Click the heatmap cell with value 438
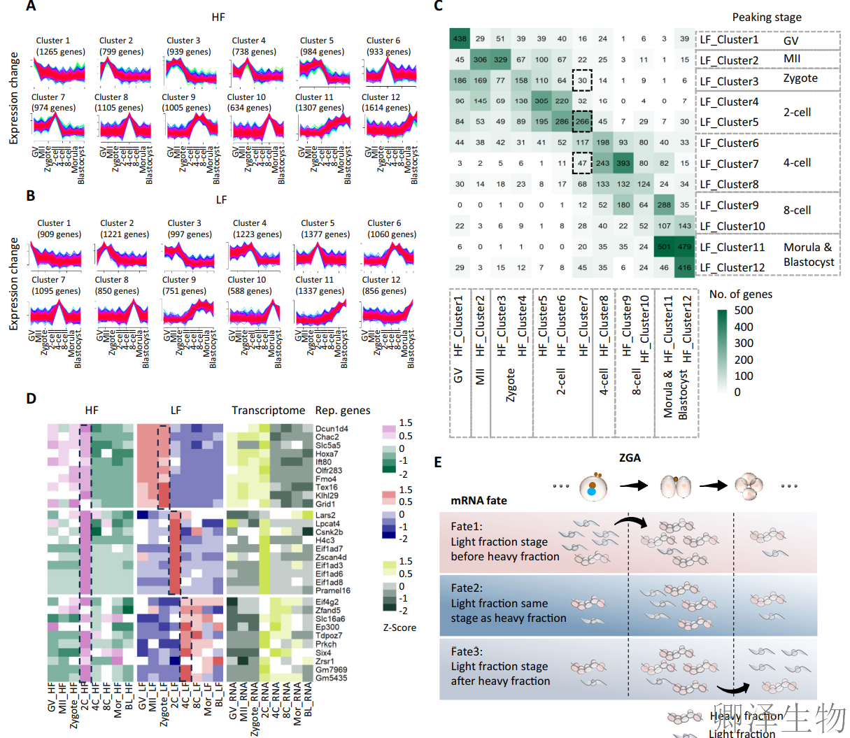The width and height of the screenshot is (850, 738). (x=460, y=39)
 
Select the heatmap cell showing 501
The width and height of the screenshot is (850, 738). (x=664, y=246)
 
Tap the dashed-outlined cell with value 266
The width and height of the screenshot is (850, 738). (x=582, y=122)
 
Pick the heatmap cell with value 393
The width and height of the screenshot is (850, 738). (x=623, y=163)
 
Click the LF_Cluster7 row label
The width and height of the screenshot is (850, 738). (x=729, y=164)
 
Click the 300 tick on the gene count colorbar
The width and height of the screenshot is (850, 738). (x=744, y=343)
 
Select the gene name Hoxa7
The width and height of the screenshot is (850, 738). (x=327, y=454)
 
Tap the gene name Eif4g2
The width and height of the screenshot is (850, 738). (x=327, y=602)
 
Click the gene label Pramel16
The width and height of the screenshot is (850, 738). (x=333, y=591)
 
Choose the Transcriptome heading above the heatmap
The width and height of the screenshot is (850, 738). (x=268, y=411)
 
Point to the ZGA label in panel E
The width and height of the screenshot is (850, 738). (x=630, y=457)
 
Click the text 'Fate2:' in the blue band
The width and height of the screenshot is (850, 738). (x=467, y=588)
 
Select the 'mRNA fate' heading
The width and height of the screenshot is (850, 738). (x=479, y=500)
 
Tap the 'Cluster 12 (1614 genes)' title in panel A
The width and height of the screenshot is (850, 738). (x=385, y=102)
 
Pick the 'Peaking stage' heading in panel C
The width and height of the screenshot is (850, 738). (x=767, y=17)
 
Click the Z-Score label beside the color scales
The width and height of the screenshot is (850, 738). (x=399, y=627)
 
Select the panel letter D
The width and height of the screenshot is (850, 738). (x=31, y=399)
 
